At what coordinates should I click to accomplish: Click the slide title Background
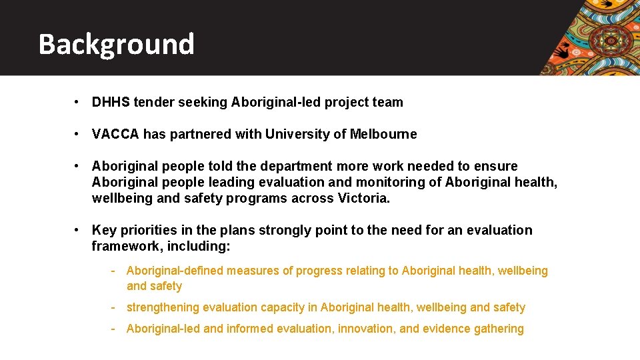[116, 44]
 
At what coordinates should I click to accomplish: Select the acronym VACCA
[115, 134]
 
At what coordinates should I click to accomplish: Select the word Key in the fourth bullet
[103, 230]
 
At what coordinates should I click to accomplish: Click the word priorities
[146, 230]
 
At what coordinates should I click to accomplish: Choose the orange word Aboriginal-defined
[175, 271]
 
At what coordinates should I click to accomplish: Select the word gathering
[499, 329]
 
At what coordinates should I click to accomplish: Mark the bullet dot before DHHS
[78, 102]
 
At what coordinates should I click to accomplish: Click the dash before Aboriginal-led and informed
[114, 329]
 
